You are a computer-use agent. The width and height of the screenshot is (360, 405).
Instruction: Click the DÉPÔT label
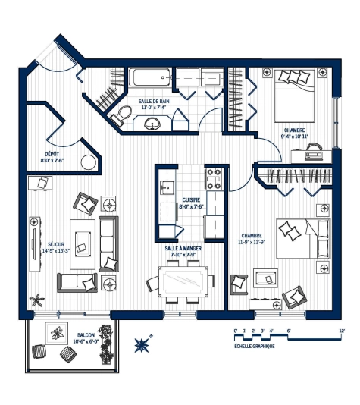coord(52,154)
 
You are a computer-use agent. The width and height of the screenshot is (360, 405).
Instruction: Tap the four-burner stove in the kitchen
coord(214,179)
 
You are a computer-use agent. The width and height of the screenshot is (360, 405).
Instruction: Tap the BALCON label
coord(86,334)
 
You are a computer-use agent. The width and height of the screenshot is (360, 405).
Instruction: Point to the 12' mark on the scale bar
coord(343,331)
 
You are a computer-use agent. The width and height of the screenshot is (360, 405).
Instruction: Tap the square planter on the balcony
coord(56,331)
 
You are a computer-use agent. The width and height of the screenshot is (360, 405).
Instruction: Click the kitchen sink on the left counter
coord(166,187)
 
